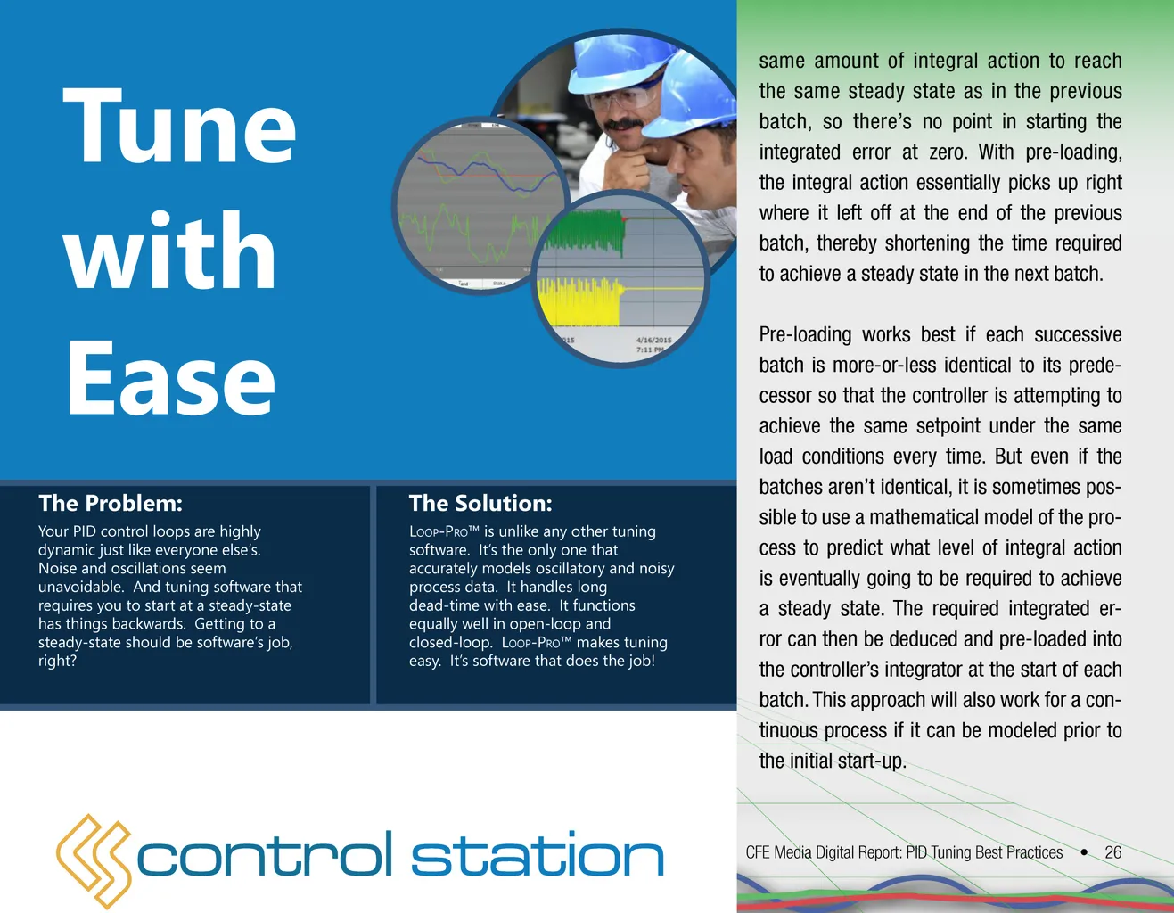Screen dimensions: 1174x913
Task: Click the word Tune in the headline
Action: point(179,126)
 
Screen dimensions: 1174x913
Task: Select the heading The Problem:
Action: point(111,503)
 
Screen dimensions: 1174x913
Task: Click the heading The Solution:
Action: point(480,503)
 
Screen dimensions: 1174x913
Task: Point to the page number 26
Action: point(1113,852)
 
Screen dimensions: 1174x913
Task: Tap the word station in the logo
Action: point(537,854)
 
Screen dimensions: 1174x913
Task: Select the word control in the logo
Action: point(264,854)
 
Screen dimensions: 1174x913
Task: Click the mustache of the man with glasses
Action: point(623,124)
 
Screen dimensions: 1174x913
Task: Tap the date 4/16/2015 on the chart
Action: point(653,340)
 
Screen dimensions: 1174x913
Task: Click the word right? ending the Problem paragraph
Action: point(57,661)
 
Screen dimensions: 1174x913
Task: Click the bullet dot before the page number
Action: point(1084,852)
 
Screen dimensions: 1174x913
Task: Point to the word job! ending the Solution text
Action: point(641,662)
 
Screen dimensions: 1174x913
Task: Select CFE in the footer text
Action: point(757,852)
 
